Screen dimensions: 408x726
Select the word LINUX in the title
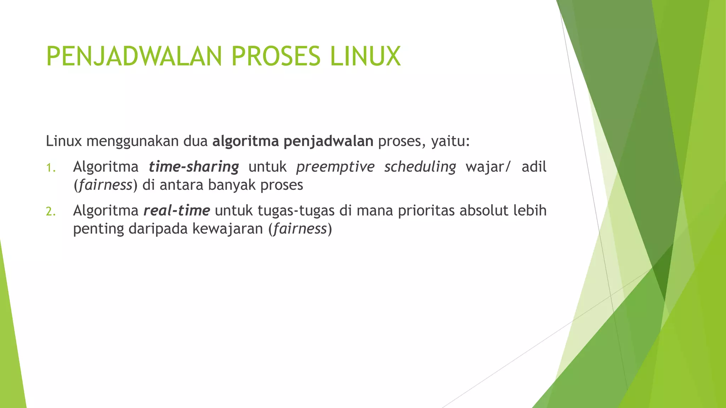tap(365, 56)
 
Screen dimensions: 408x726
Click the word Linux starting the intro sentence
tap(64, 141)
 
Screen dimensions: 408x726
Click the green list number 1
tap(51, 168)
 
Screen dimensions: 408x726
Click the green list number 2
tap(51, 211)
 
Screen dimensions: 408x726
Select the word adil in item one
tap(534, 166)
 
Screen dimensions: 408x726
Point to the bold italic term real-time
tap(177, 211)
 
